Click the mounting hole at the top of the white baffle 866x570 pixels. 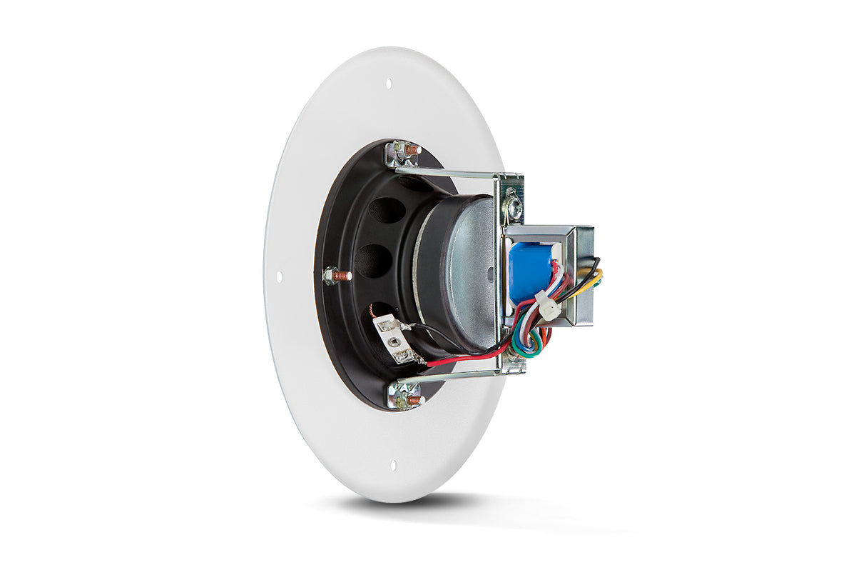(389, 84)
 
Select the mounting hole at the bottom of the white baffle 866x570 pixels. (393, 464)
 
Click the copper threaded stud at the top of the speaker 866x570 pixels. (412, 150)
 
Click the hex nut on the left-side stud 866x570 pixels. (330, 275)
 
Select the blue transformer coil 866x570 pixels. (531, 271)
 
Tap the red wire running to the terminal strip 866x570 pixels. (464, 359)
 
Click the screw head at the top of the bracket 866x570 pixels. (512, 207)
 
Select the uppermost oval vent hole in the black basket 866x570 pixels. (387, 210)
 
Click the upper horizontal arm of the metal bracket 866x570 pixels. (446, 172)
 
